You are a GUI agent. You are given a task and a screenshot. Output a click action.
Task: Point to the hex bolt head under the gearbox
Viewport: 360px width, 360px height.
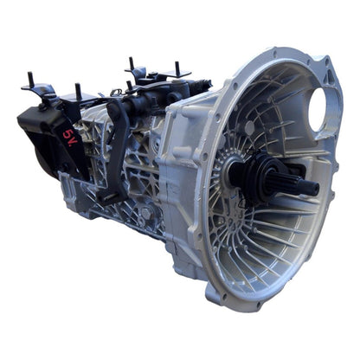click(145, 214)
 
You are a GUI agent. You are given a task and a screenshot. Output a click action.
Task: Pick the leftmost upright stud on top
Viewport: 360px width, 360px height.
click(30, 79)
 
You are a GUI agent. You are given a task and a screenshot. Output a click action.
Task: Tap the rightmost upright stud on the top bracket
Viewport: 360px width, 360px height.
click(177, 68)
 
